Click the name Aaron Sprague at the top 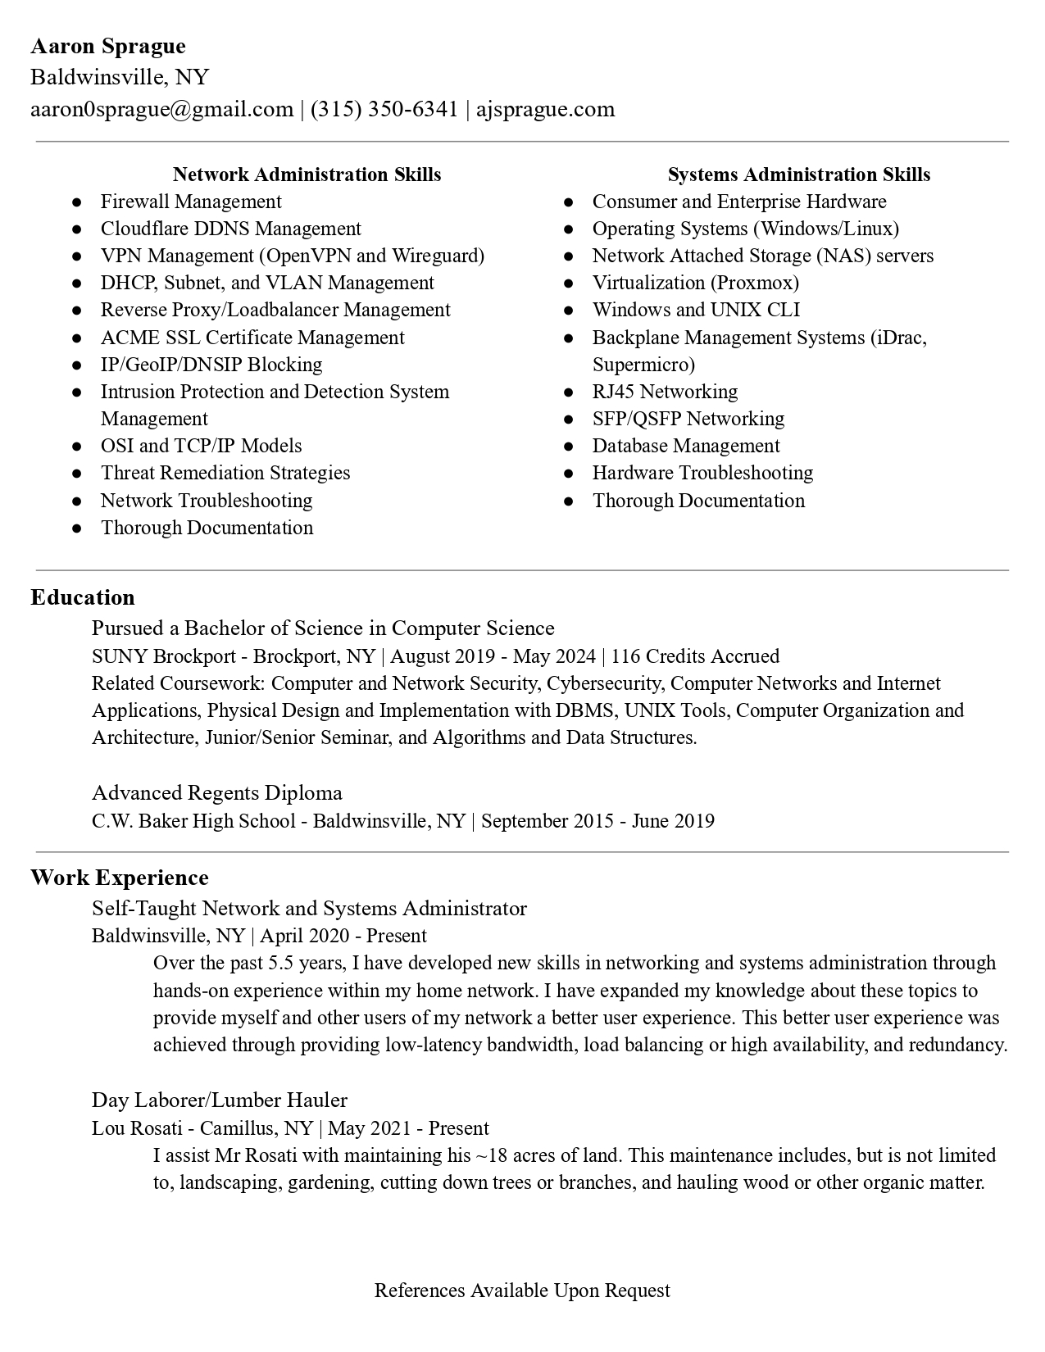point(108,46)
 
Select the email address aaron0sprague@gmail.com point(162,109)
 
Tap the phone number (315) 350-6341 point(384,109)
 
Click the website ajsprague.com point(545,109)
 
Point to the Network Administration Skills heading point(307,175)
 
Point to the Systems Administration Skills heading point(798,175)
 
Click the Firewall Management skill point(191,202)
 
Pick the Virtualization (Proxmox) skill point(695,283)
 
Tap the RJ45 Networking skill point(665,392)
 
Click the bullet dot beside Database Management point(568,447)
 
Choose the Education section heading point(83,597)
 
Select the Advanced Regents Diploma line point(217,793)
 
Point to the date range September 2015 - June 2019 point(597,821)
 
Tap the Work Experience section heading point(120,878)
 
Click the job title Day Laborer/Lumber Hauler point(220,1100)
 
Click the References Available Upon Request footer point(522,1291)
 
